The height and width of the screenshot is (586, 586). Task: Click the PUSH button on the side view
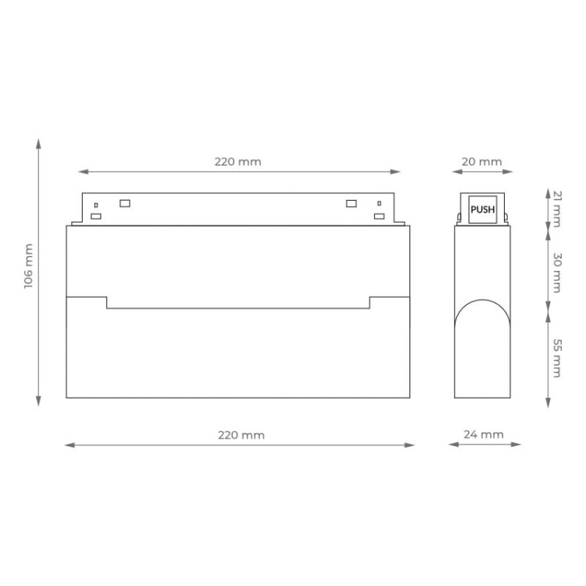(x=482, y=209)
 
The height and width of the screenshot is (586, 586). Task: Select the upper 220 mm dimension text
(x=238, y=162)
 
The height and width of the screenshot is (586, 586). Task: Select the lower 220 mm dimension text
(x=241, y=434)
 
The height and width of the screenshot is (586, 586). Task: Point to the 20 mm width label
(x=481, y=162)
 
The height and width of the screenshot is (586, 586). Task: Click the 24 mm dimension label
(x=484, y=434)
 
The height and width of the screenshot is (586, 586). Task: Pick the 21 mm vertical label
(x=556, y=208)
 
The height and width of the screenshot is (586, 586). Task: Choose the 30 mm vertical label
(x=556, y=273)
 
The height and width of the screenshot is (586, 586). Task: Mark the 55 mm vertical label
(x=556, y=358)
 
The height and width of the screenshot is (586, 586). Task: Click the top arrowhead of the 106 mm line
(x=38, y=143)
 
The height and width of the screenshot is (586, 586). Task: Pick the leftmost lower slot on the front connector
(x=95, y=216)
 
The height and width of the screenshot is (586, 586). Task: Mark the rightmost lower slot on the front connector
(x=379, y=216)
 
